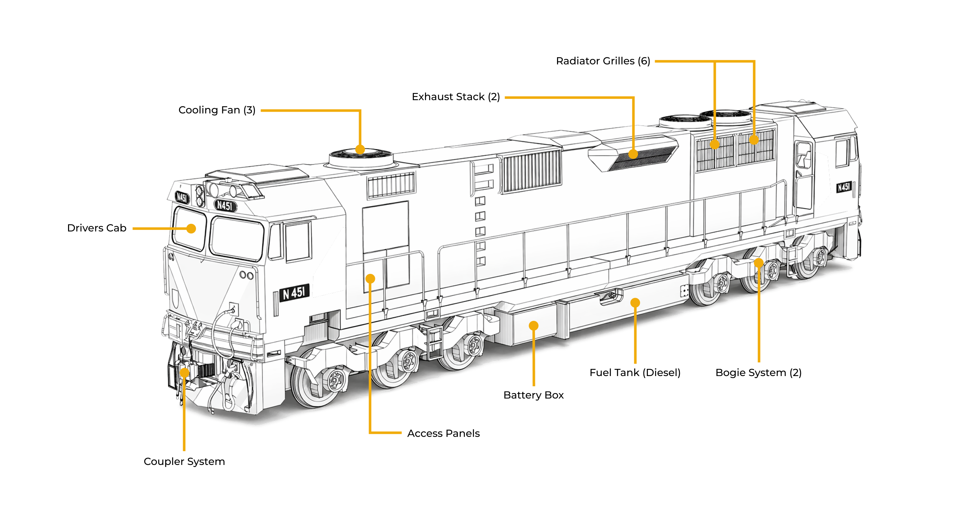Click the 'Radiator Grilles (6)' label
click(603, 61)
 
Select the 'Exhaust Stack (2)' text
click(456, 97)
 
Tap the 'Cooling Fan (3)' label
click(217, 110)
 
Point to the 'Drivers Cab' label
click(97, 228)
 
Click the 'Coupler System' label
click(184, 462)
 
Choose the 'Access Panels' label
click(443, 433)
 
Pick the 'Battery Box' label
click(533, 395)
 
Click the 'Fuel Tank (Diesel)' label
click(635, 372)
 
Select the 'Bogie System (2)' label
click(758, 372)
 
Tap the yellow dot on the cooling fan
click(360, 149)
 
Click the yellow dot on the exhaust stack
click(633, 154)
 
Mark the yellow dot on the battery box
click(533, 326)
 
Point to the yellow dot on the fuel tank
click(635, 303)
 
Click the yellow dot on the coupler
click(184, 372)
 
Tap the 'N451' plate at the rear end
click(844, 187)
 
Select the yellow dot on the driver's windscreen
click(191, 229)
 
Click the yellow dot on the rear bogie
click(758, 263)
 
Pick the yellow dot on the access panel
click(370, 279)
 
